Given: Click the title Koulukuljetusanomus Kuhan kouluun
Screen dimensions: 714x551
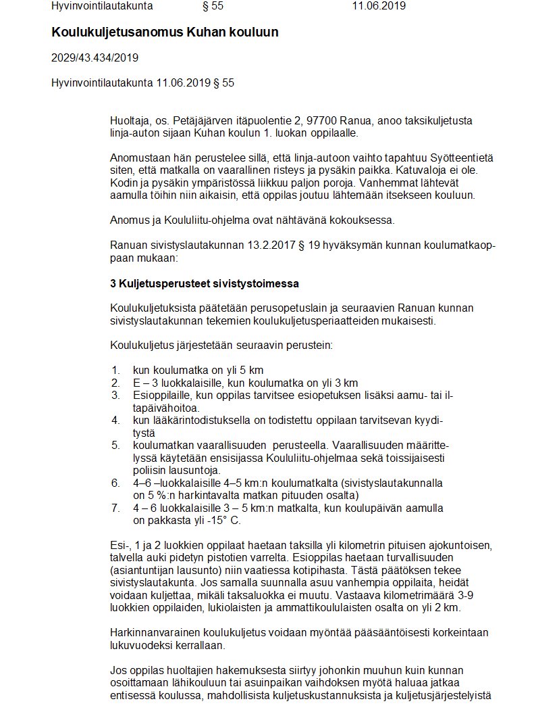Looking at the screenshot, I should tap(165, 32).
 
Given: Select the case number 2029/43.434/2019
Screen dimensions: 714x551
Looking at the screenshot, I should tap(95, 58).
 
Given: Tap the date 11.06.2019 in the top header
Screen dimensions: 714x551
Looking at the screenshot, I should tap(379, 7).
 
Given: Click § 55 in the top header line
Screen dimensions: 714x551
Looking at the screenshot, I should tap(213, 7).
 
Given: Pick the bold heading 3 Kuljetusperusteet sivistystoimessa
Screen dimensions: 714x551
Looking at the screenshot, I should tap(204, 283).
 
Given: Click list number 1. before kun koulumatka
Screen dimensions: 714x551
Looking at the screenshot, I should tap(116, 370).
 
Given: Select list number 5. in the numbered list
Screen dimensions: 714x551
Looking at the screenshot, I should tap(116, 445).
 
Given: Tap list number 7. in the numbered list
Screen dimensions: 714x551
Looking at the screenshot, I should tap(116, 508).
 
